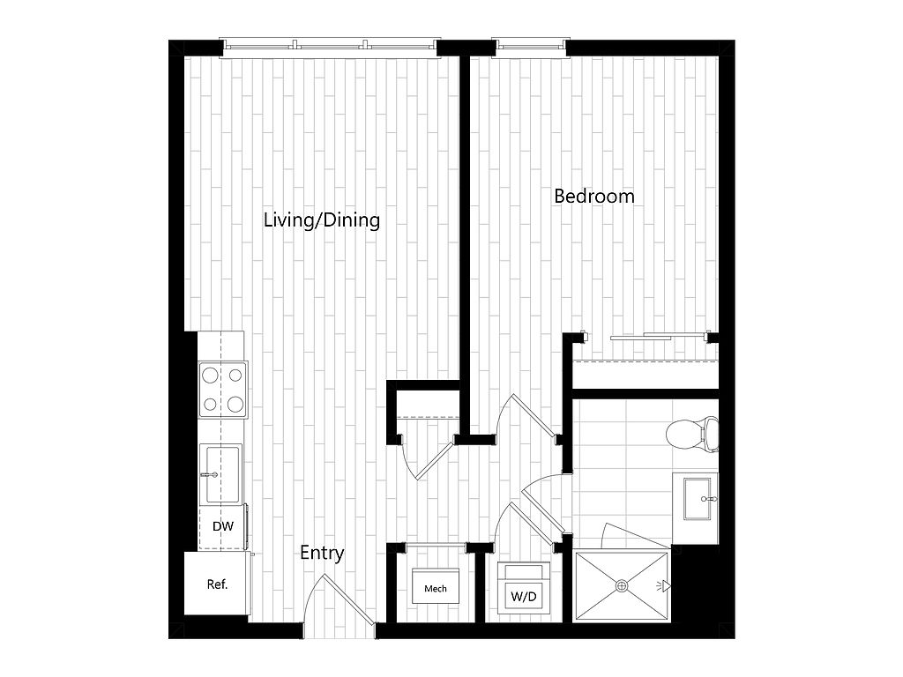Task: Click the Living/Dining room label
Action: point(321,220)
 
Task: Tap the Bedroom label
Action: point(593,196)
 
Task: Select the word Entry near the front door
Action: point(322,554)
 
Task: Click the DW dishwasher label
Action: point(223,525)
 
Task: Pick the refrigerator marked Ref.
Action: point(217,584)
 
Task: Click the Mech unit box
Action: point(436,586)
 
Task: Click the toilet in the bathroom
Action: point(692,434)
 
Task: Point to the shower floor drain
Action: point(622,586)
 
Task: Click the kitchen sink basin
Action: point(220,474)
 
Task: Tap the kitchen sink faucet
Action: point(209,475)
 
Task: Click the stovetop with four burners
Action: point(223,390)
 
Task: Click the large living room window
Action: point(330,48)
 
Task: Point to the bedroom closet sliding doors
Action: point(660,336)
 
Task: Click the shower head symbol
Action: point(664,586)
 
